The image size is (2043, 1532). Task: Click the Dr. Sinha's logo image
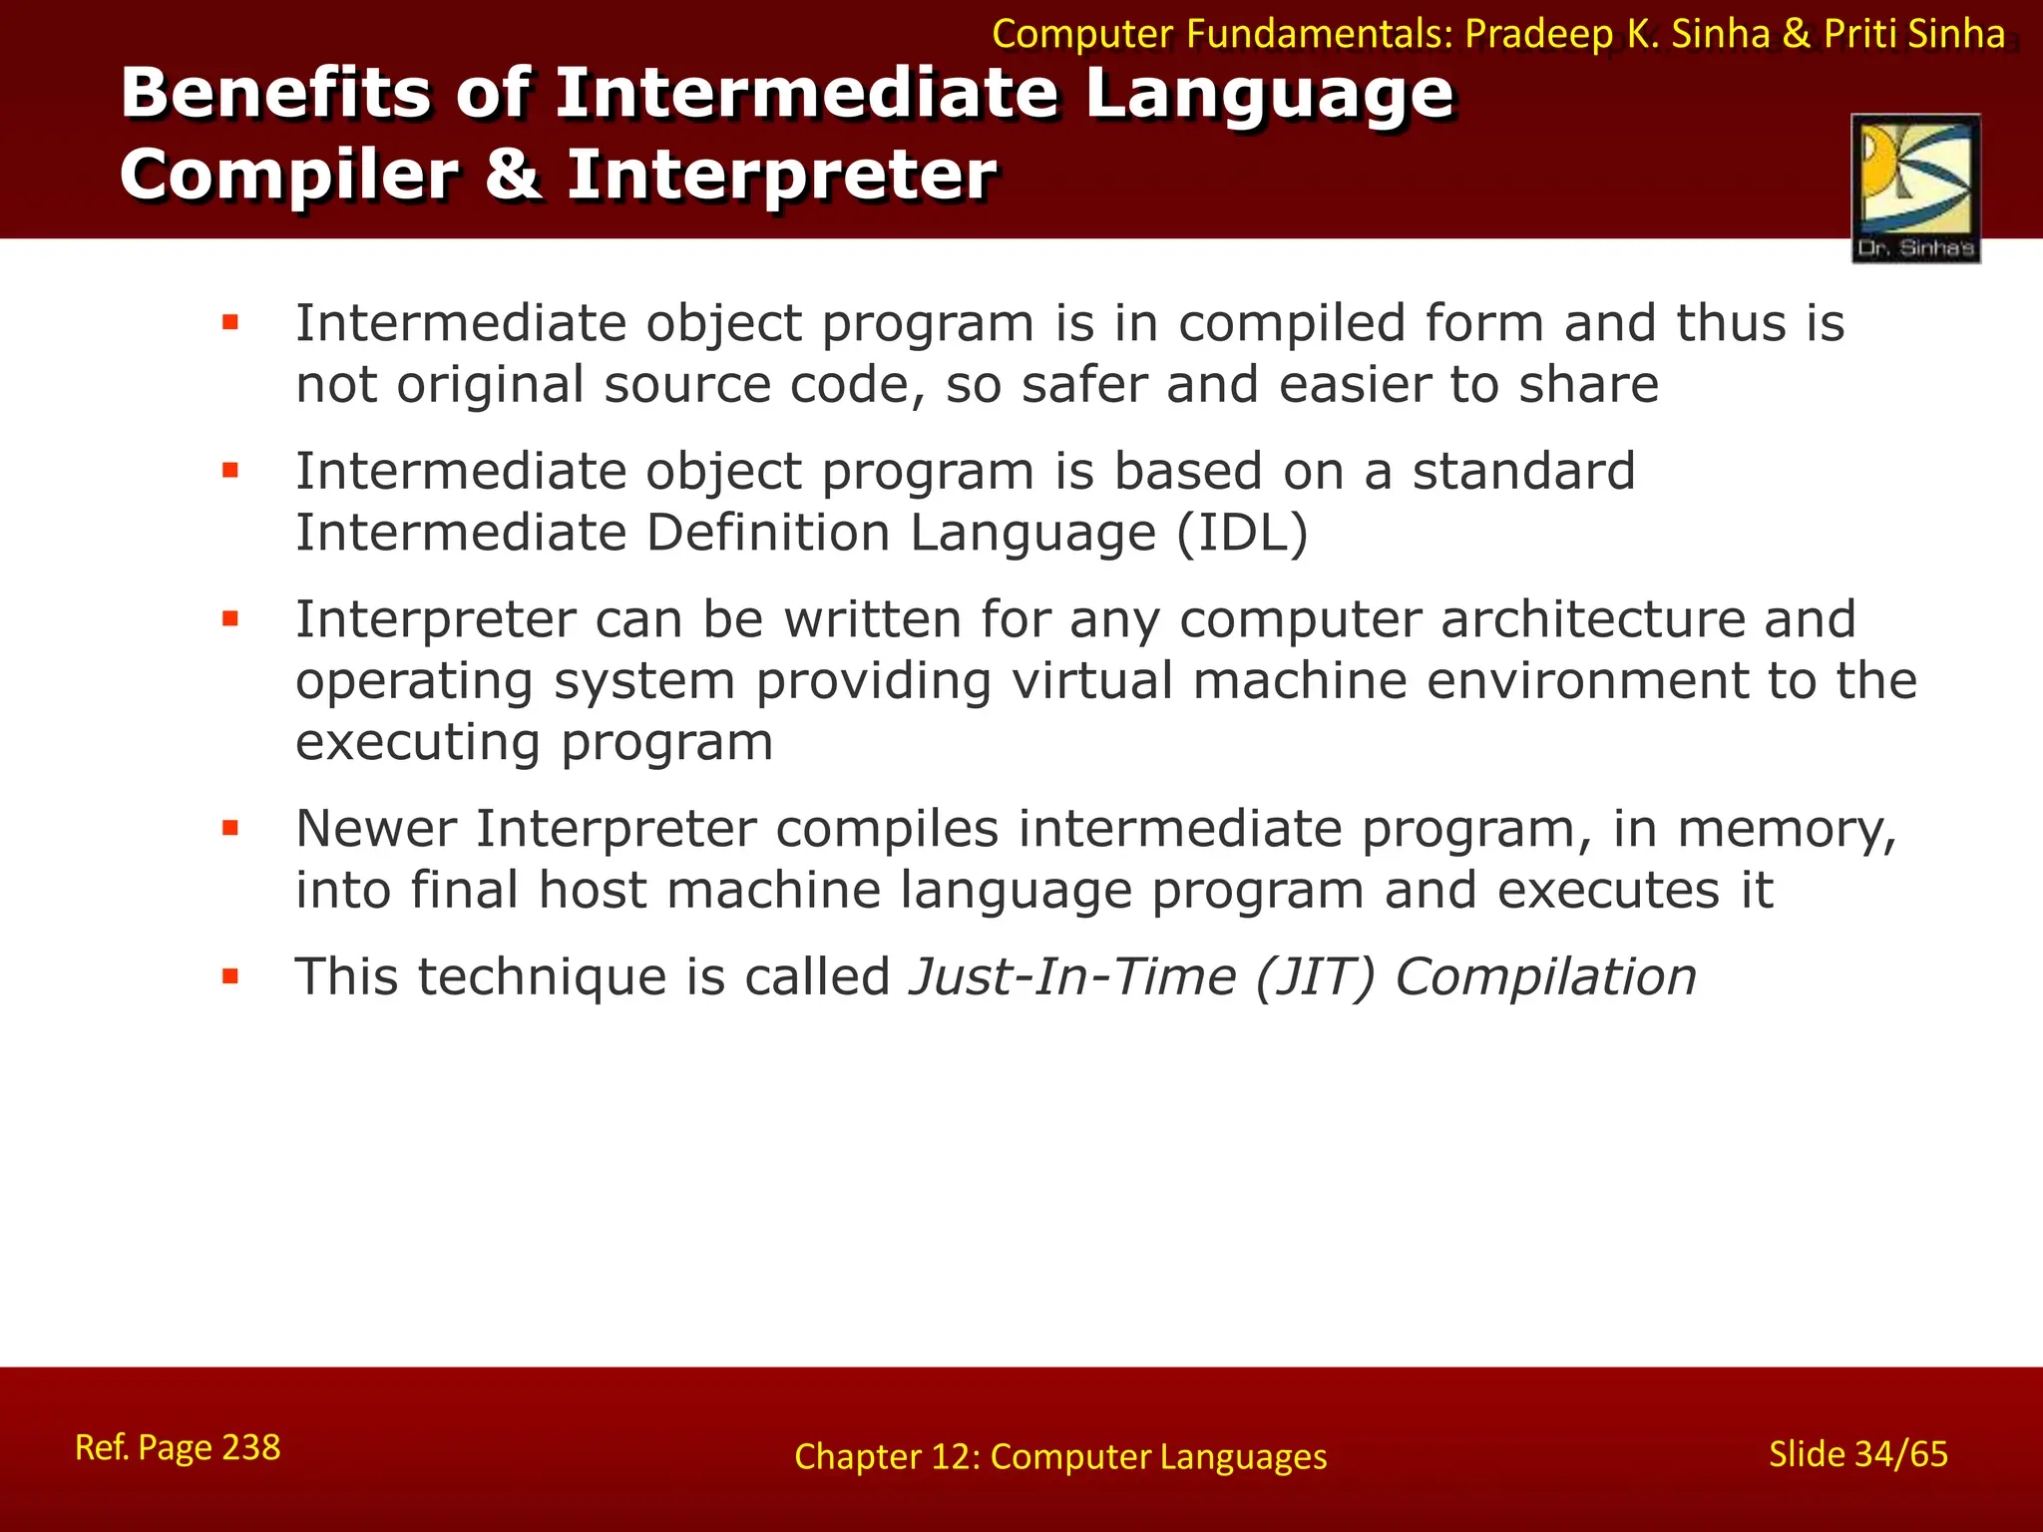click(x=1914, y=188)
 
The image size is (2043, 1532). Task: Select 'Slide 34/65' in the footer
click(x=1857, y=1454)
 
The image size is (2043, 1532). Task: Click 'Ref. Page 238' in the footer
click(x=178, y=1447)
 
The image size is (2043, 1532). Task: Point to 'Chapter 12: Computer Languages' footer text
click(x=1060, y=1457)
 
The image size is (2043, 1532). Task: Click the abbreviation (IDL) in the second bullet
click(x=1241, y=533)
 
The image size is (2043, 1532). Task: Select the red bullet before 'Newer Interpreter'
click(x=230, y=828)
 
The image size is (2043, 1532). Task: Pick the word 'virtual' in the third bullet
click(x=1091, y=681)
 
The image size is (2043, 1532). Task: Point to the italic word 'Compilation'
click(x=1545, y=976)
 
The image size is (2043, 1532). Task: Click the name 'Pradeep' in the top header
click(x=1538, y=35)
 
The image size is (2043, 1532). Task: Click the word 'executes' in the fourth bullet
click(x=1608, y=891)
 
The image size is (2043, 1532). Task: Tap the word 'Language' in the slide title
click(x=1269, y=94)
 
